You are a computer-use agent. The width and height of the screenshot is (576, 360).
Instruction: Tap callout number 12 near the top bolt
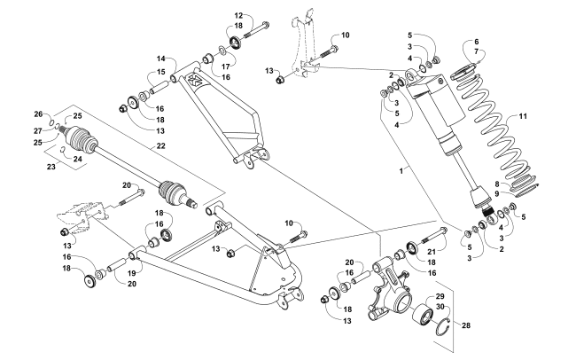tap(238, 16)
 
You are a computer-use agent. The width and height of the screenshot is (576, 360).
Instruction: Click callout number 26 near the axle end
tap(39, 113)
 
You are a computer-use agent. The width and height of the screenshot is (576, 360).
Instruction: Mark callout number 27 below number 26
tap(39, 130)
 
